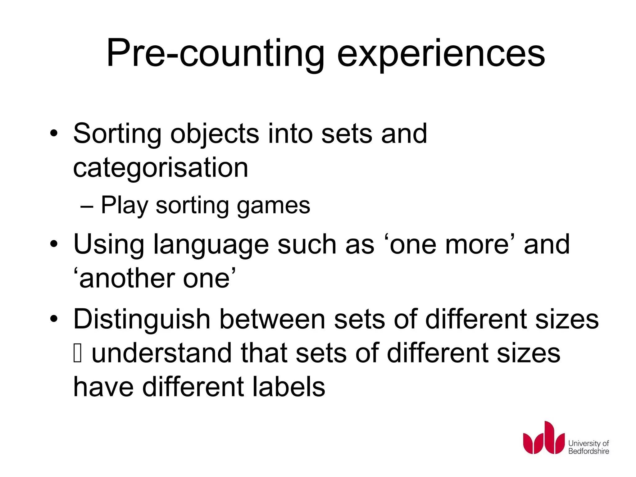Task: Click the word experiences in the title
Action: [441, 53]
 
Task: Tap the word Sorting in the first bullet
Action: [117, 134]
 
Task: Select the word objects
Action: [215, 134]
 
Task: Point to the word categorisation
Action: [161, 168]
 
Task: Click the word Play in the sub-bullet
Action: [124, 206]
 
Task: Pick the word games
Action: [273, 206]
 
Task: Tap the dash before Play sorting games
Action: [87, 206]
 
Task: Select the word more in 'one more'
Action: [477, 245]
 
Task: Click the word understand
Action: [161, 353]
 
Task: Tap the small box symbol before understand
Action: [77, 353]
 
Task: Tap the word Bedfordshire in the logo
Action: [588, 451]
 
